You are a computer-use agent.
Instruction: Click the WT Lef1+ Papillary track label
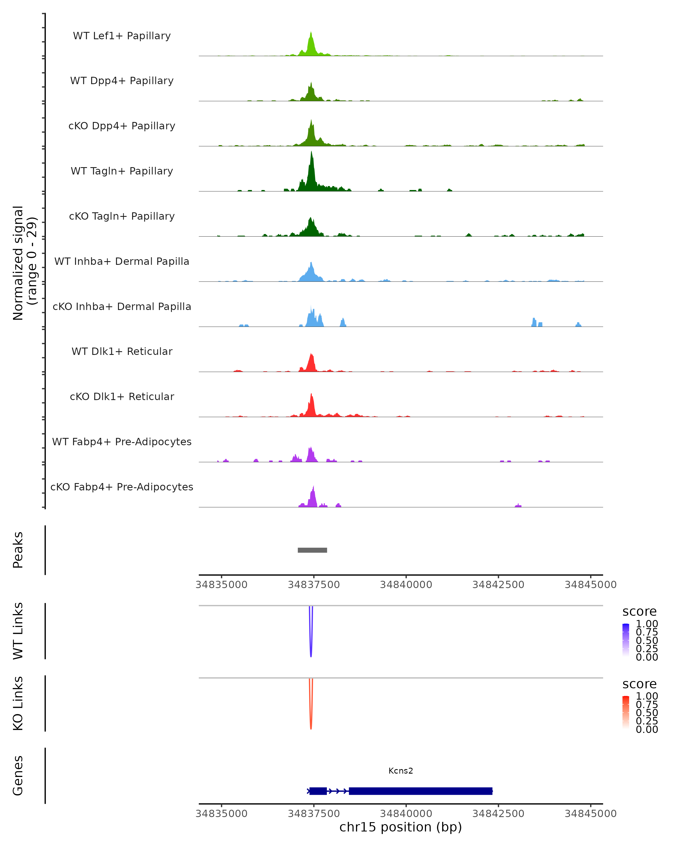[x=122, y=36]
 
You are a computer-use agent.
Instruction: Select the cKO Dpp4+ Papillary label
[x=122, y=126]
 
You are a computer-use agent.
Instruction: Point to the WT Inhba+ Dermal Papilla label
[x=122, y=261]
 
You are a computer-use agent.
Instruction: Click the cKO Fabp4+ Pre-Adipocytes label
[x=122, y=487]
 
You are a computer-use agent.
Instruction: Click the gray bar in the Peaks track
[x=312, y=550]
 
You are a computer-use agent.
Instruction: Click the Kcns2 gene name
[x=401, y=771]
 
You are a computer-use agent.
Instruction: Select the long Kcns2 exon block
[x=421, y=791]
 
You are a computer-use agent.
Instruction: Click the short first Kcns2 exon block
[x=318, y=791]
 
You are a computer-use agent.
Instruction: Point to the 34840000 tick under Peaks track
[x=406, y=585]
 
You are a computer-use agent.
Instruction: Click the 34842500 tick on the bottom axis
[x=498, y=814]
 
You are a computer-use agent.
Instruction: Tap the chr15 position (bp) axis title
[x=401, y=827]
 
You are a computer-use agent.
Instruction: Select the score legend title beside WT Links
[x=640, y=611]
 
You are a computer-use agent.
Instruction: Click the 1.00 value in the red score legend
[x=647, y=696]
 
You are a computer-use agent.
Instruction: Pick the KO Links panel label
[x=18, y=704]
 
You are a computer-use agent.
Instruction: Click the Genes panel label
[x=18, y=776]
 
